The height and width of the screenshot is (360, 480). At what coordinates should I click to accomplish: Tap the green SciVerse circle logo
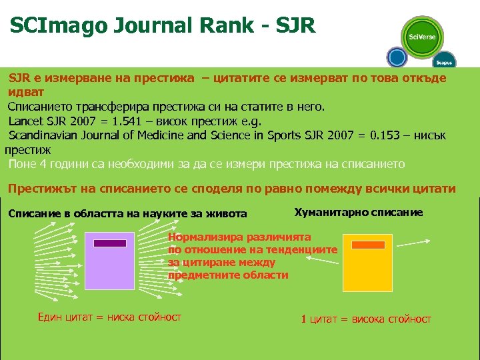coord(422,37)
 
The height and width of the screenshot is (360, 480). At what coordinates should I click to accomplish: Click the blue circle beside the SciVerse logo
coord(397,57)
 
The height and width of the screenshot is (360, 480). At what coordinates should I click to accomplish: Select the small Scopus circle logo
coord(444,61)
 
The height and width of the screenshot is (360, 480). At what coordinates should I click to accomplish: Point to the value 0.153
coord(377,135)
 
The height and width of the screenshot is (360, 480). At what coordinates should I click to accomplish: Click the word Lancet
coord(24,121)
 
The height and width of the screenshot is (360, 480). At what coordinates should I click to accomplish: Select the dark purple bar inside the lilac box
coord(110,243)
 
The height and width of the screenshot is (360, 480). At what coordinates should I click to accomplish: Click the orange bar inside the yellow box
coord(368,245)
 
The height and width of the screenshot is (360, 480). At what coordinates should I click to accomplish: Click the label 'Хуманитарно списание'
coord(358,212)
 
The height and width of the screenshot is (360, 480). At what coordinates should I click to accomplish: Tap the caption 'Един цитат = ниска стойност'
coord(109,317)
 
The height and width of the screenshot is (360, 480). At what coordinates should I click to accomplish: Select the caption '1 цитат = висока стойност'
coord(366,319)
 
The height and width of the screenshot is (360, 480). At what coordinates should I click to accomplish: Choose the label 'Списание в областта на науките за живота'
coord(127,213)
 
